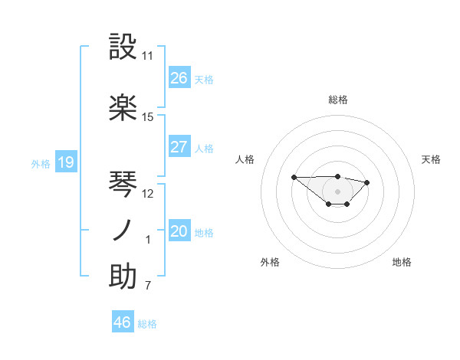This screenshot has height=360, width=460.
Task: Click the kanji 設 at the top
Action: (x=123, y=47)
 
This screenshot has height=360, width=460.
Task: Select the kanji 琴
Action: (x=123, y=183)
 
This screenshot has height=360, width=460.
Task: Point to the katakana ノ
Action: (x=123, y=231)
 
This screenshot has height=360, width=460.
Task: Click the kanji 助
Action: (x=123, y=277)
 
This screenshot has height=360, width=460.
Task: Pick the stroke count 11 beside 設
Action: (x=148, y=56)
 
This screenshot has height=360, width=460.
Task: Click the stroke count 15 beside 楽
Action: (x=148, y=117)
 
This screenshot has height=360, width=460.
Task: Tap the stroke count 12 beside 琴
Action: (x=148, y=193)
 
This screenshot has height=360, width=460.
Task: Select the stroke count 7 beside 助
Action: (x=148, y=286)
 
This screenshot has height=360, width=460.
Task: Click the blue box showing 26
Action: (x=179, y=78)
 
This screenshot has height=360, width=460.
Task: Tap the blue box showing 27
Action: (x=179, y=147)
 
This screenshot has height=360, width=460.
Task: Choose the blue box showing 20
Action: (x=179, y=231)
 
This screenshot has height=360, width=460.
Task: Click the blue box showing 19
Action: (x=66, y=162)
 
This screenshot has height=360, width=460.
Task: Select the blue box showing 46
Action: (x=123, y=322)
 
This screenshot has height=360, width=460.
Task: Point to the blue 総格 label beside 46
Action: (x=148, y=324)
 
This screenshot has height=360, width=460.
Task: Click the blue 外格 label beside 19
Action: (x=41, y=163)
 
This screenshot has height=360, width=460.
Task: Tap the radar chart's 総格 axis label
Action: (x=338, y=100)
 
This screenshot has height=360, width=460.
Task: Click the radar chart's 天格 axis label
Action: (x=432, y=159)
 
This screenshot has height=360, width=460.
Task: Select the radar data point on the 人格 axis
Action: (x=294, y=177)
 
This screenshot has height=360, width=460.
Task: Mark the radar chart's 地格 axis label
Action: (x=402, y=262)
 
